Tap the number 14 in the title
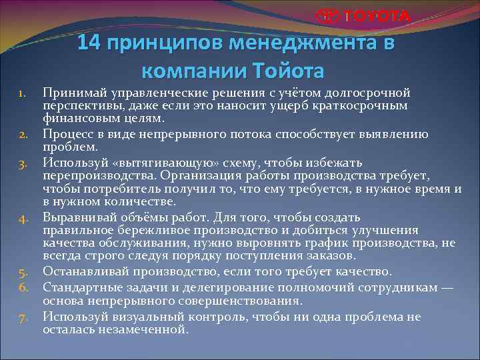coord(89,44)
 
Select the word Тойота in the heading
coord(289,70)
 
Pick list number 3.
coord(22,162)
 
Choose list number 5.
coord(22,272)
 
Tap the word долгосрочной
coord(369,92)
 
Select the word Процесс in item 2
coord(68,135)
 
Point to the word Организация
coord(195,175)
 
